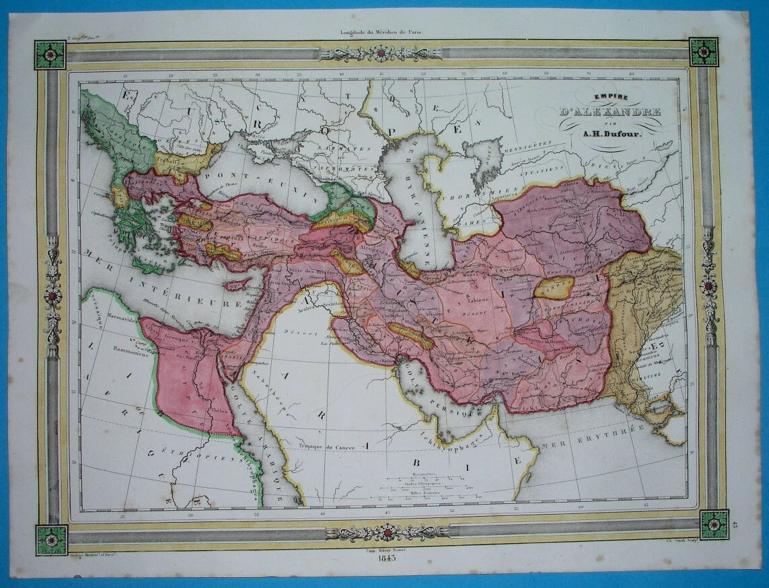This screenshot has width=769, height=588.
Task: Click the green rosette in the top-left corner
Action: pyautogui.click(x=50, y=54)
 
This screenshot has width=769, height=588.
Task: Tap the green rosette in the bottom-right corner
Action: pyautogui.click(x=714, y=525)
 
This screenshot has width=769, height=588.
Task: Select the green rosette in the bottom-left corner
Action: pyautogui.click(x=52, y=540)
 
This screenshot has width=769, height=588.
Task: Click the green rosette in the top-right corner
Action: pyautogui.click(x=704, y=52)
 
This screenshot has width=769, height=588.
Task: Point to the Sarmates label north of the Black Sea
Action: pyautogui.click(x=346, y=147)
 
